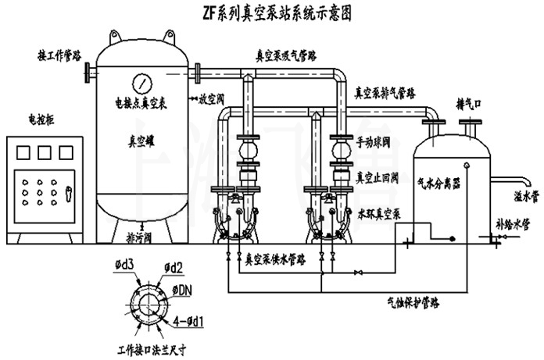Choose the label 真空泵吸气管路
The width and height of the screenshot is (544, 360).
[x=290, y=56]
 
